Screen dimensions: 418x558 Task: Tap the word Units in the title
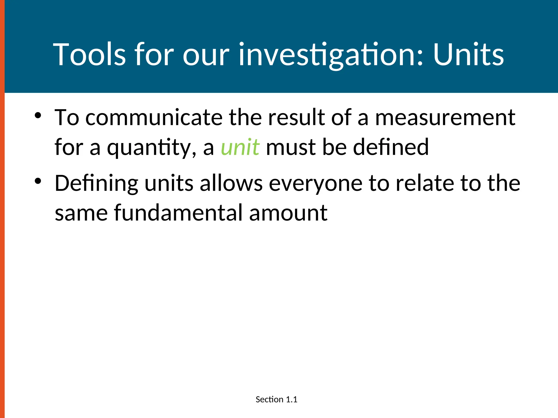[x=468, y=54]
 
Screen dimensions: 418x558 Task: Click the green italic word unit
[x=240, y=147]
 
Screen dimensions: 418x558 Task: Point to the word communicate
[x=154, y=117]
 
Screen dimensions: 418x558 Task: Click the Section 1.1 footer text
[x=276, y=399]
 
